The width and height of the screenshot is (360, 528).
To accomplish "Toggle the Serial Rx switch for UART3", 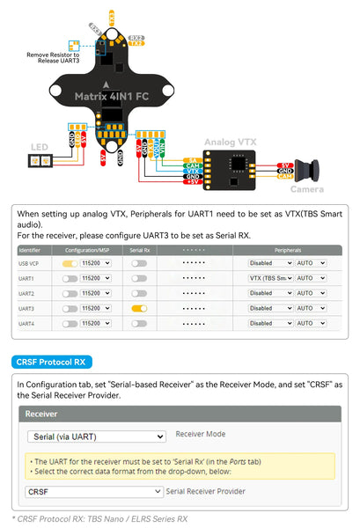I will coord(138,309).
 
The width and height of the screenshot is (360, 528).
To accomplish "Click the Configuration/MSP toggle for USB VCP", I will coord(69,263).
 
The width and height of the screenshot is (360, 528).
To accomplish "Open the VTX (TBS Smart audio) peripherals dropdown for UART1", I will coord(270,278).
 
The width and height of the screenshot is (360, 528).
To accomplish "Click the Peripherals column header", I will coord(287,250).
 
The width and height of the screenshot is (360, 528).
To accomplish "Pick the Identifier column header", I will coord(30,250).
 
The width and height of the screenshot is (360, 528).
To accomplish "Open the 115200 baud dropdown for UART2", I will coord(95,293).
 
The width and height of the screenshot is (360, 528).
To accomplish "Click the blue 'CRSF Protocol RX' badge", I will coord(53,362).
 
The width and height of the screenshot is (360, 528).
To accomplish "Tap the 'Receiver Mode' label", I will coord(202,434).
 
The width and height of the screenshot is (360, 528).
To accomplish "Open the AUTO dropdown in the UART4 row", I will coord(311,324).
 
